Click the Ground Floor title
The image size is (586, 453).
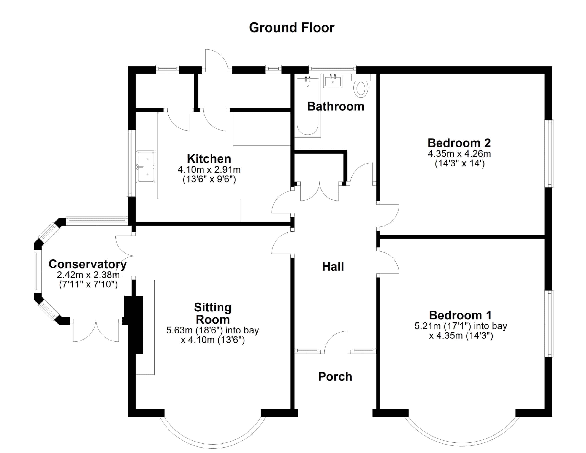tap(292, 28)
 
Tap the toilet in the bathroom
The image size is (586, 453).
tap(361, 86)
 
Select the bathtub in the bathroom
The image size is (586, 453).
tap(307, 106)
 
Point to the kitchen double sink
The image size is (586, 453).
tap(146, 167)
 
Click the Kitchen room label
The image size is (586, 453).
tap(209, 159)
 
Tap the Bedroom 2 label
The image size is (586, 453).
tap(459, 143)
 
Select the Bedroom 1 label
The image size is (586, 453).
tap(460, 315)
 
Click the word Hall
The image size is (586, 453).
tap(333, 267)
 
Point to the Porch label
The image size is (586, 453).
tap(335, 377)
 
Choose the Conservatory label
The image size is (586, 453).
tap(88, 264)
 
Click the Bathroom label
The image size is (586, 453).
tap(336, 106)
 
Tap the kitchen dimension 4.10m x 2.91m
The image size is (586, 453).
tap(209, 170)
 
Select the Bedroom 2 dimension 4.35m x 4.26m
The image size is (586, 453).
tap(459, 154)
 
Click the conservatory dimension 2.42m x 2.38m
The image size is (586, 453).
tap(88, 275)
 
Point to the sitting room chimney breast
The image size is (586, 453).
tap(134, 325)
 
